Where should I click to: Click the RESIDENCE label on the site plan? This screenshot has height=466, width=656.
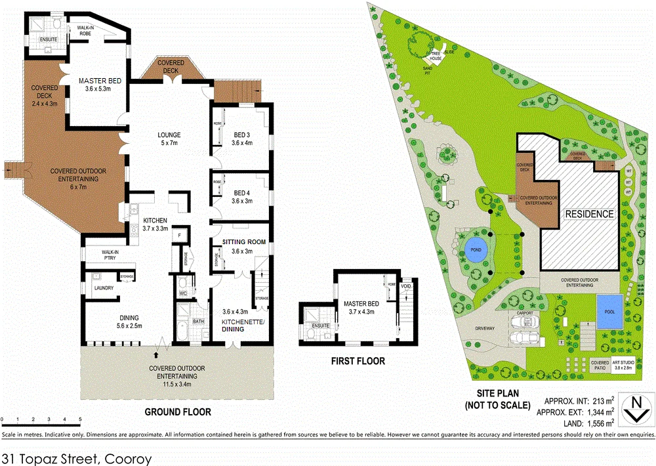tap(589, 214)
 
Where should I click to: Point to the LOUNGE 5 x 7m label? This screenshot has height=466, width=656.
tap(169, 139)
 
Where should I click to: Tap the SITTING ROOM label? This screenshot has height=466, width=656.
tap(243, 242)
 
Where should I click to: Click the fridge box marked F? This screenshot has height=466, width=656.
tap(179, 235)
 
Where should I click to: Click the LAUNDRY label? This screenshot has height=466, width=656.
tap(104, 287)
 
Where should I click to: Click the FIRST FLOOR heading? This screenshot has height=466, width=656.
tap(358, 361)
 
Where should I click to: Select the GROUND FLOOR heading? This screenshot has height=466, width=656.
tap(177, 412)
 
